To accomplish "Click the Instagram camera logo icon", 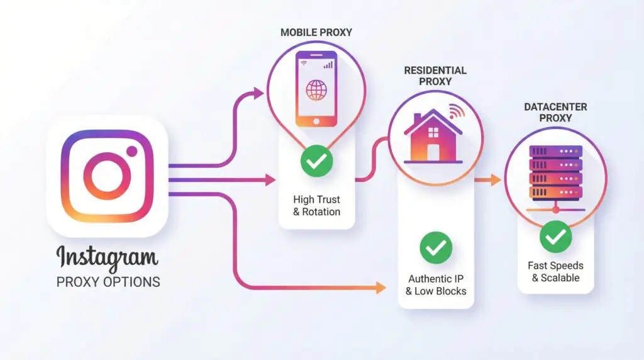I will click(107, 176).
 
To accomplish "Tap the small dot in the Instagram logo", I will click(131, 151).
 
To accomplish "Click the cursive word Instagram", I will click(107, 258).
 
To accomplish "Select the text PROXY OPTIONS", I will click(108, 281).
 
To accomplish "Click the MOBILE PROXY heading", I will click(317, 32).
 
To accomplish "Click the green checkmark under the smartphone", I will click(316, 161).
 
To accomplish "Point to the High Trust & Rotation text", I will click(316, 206).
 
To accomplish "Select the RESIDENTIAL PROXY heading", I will click(435, 76).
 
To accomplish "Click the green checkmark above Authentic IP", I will click(436, 247).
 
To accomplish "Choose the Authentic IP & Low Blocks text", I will click(436, 284).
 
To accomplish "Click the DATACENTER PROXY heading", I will click(556, 112).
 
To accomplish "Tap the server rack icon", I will click(556, 174).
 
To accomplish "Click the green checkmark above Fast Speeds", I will click(556, 237).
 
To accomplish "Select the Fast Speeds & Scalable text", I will click(556, 271).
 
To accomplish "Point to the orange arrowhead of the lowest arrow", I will click(380, 288).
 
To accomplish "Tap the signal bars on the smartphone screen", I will click(328, 64).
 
